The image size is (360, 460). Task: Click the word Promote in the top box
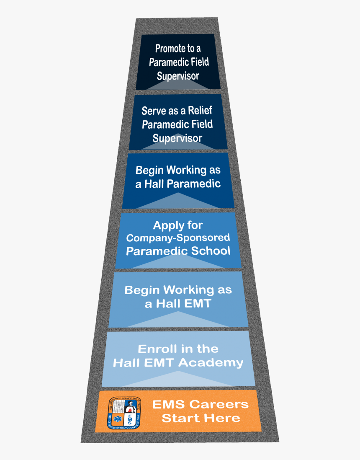(170, 49)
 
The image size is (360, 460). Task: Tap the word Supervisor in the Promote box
(178, 76)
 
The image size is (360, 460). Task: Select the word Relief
(199, 111)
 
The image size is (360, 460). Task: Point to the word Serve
(151, 111)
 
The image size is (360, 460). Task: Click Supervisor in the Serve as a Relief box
(177, 138)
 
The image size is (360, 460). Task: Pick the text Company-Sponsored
(178, 238)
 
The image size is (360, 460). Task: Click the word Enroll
(155, 349)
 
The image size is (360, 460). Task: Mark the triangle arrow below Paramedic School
(178, 262)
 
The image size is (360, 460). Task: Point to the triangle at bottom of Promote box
(178, 84)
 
